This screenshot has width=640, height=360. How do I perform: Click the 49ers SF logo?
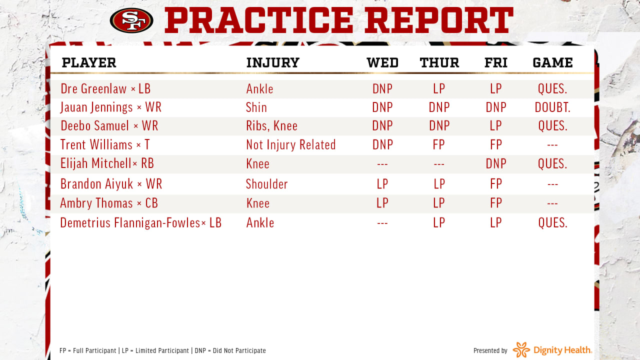[131, 20]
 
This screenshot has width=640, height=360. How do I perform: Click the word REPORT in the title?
[439, 20]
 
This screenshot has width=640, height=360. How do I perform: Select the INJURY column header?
[273, 62]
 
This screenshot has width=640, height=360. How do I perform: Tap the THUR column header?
[439, 62]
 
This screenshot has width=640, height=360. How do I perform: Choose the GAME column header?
[552, 62]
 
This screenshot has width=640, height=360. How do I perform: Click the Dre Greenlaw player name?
[93, 88]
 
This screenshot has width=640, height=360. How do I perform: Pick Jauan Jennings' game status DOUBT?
[552, 107]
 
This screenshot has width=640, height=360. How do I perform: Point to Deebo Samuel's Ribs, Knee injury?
[271, 126]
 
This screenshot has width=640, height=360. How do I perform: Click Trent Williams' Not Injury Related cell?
[291, 144]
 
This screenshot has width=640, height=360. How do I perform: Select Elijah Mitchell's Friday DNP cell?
[496, 163]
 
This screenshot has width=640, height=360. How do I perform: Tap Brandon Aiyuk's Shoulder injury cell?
[267, 184]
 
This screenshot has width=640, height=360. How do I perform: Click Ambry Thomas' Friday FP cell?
[496, 203]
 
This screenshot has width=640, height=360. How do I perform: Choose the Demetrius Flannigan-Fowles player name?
[130, 223]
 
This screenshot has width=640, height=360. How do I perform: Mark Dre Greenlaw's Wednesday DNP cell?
[382, 89]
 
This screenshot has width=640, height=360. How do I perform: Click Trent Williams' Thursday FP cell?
[439, 144]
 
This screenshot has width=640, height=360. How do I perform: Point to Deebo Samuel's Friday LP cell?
[496, 125]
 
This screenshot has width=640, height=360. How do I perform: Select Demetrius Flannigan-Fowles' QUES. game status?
[552, 223]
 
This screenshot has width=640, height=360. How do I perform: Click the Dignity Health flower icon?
[521, 349]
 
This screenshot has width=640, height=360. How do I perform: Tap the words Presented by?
[490, 350]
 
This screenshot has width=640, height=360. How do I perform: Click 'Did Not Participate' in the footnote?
[239, 350]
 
